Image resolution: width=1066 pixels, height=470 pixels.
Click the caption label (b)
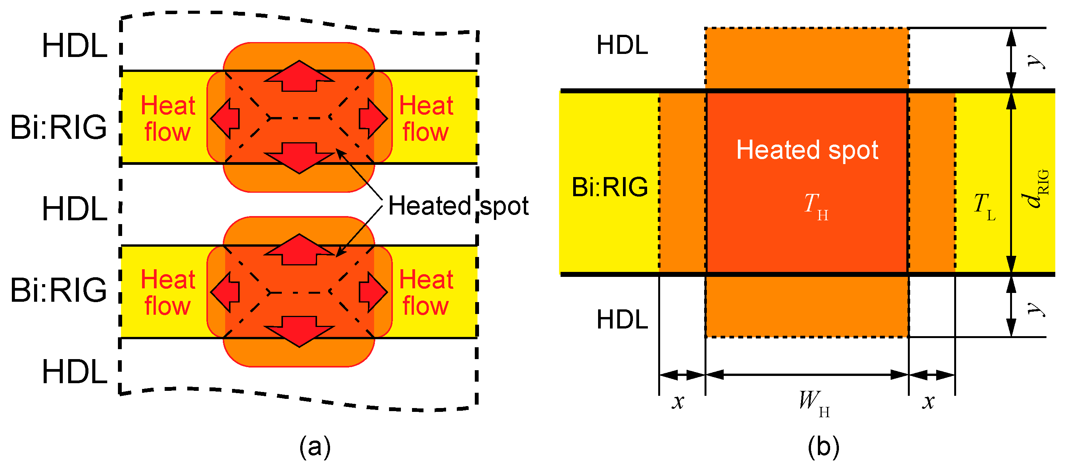823,447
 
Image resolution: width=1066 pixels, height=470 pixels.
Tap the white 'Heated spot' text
807,150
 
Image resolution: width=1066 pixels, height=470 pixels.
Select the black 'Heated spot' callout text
458,206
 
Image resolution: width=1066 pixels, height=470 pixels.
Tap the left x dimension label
678,401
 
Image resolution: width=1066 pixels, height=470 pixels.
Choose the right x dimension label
928,401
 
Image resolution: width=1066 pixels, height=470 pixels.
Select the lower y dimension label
1037,307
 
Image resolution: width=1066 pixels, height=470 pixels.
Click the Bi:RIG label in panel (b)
610,187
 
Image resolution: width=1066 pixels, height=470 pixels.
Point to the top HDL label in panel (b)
622,45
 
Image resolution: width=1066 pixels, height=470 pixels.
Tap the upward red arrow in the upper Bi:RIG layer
299,76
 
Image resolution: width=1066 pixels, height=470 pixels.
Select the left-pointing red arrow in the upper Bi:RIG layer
225,118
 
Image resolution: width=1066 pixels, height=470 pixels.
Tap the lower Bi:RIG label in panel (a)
58,290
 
